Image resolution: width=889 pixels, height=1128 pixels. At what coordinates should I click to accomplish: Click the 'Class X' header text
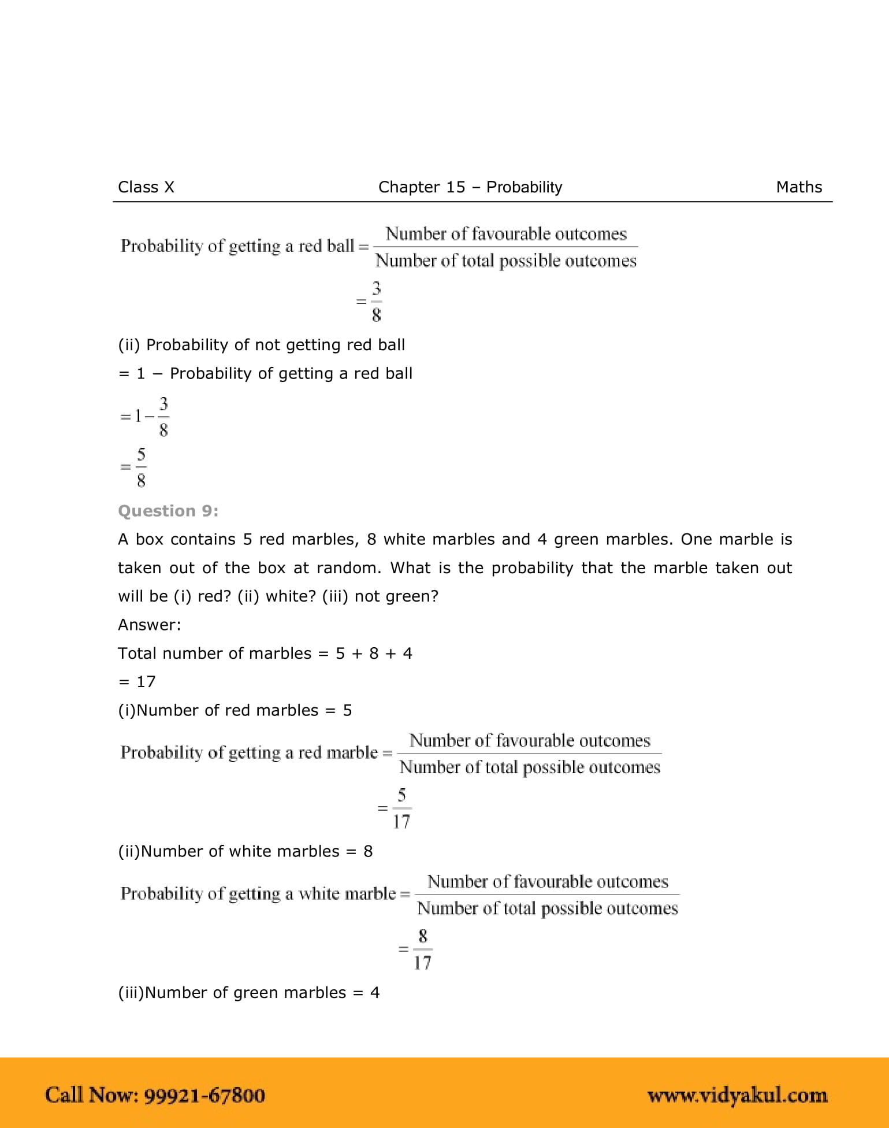[x=146, y=187]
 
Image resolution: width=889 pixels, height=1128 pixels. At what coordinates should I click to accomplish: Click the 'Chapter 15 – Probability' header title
[x=470, y=187]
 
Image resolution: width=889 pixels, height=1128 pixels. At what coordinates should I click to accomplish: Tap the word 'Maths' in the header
[x=798, y=187]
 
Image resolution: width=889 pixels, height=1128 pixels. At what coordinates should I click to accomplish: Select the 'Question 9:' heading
[x=168, y=511]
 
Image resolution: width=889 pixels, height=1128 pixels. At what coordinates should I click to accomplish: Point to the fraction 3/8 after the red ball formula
[x=376, y=301]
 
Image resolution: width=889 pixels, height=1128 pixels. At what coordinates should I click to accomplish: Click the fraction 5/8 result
[x=140, y=467]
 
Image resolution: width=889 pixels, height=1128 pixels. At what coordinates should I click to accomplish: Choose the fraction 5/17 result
[x=401, y=808]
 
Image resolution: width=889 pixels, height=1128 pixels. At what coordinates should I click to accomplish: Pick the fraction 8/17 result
[x=422, y=949]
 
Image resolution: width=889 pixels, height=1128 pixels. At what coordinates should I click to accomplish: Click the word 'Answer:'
[x=150, y=625]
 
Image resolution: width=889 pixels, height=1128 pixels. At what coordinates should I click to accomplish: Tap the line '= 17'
[x=137, y=682]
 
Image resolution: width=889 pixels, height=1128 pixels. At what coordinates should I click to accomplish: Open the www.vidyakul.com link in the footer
[x=737, y=1095]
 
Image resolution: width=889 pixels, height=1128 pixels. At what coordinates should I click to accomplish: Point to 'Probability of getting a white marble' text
[x=258, y=894]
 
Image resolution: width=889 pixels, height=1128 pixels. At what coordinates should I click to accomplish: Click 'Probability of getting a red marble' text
[x=249, y=753]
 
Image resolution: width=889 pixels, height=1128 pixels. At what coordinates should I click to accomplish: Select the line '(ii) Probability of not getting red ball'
[x=261, y=345]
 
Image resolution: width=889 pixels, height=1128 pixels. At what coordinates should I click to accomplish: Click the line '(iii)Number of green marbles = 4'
[x=248, y=993]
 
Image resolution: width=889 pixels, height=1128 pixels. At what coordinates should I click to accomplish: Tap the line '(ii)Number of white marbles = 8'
[x=245, y=852]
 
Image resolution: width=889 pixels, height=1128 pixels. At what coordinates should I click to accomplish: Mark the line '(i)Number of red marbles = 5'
[x=235, y=710]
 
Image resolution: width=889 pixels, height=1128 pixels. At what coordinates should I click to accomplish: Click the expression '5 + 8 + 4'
[x=374, y=654]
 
